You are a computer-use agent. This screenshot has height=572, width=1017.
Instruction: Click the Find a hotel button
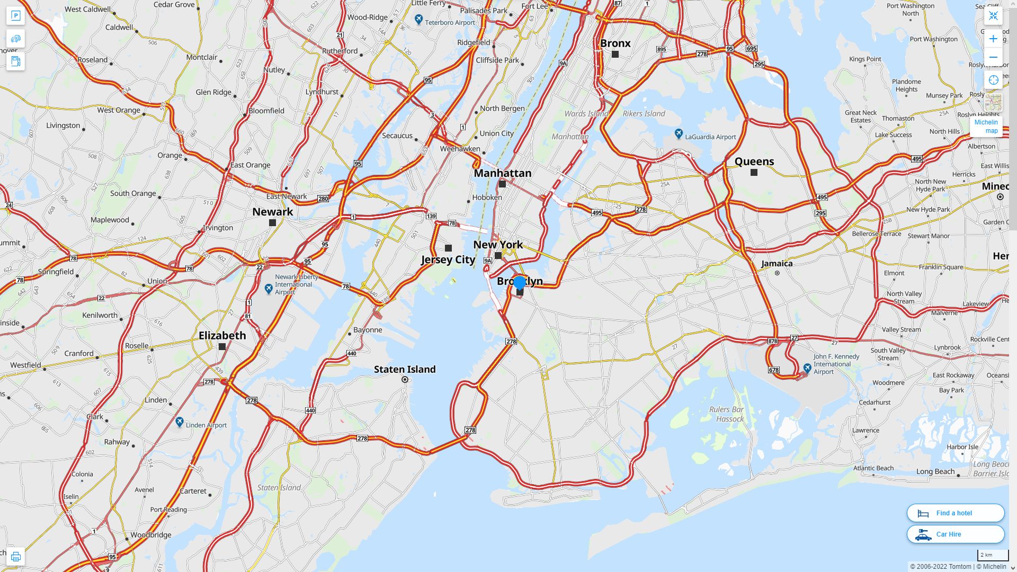955,513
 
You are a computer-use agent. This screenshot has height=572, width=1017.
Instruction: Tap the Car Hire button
955,534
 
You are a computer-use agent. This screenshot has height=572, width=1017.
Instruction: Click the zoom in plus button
993,39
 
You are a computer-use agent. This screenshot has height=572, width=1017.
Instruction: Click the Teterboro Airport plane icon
419,20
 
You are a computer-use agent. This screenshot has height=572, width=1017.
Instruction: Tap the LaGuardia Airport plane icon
679,133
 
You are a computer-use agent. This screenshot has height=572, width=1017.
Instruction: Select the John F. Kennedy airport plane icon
807,368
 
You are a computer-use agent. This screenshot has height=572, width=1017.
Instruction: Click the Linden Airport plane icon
180,422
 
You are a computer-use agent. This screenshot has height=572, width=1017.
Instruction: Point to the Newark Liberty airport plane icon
269,288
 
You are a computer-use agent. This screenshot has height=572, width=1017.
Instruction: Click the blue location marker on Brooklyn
520,282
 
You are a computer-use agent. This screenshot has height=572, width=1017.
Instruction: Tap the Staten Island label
405,369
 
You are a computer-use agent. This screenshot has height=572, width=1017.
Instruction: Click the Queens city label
754,162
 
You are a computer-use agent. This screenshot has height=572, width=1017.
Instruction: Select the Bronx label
615,43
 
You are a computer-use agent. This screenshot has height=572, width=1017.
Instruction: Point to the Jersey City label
448,260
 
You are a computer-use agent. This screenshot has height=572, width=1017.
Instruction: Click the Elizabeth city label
222,335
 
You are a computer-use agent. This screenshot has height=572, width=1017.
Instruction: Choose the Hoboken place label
487,198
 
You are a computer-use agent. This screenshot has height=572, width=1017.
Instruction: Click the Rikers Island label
644,113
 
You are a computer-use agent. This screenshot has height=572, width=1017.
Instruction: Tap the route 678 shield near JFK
773,370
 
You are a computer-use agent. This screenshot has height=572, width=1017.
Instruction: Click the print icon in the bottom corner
15,557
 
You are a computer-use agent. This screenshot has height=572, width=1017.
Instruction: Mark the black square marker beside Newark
272,223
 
